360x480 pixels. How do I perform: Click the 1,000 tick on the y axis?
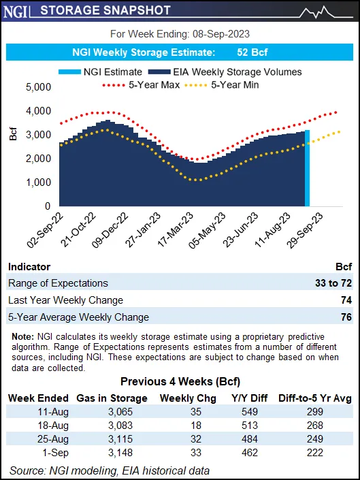pyautogui.click(x=37, y=182)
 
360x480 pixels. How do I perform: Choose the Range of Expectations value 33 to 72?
pyautogui.click(x=333, y=283)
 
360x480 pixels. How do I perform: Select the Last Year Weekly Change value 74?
pyautogui.click(x=345, y=300)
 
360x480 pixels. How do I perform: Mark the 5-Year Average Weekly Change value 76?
pyautogui.click(x=345, y=317)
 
